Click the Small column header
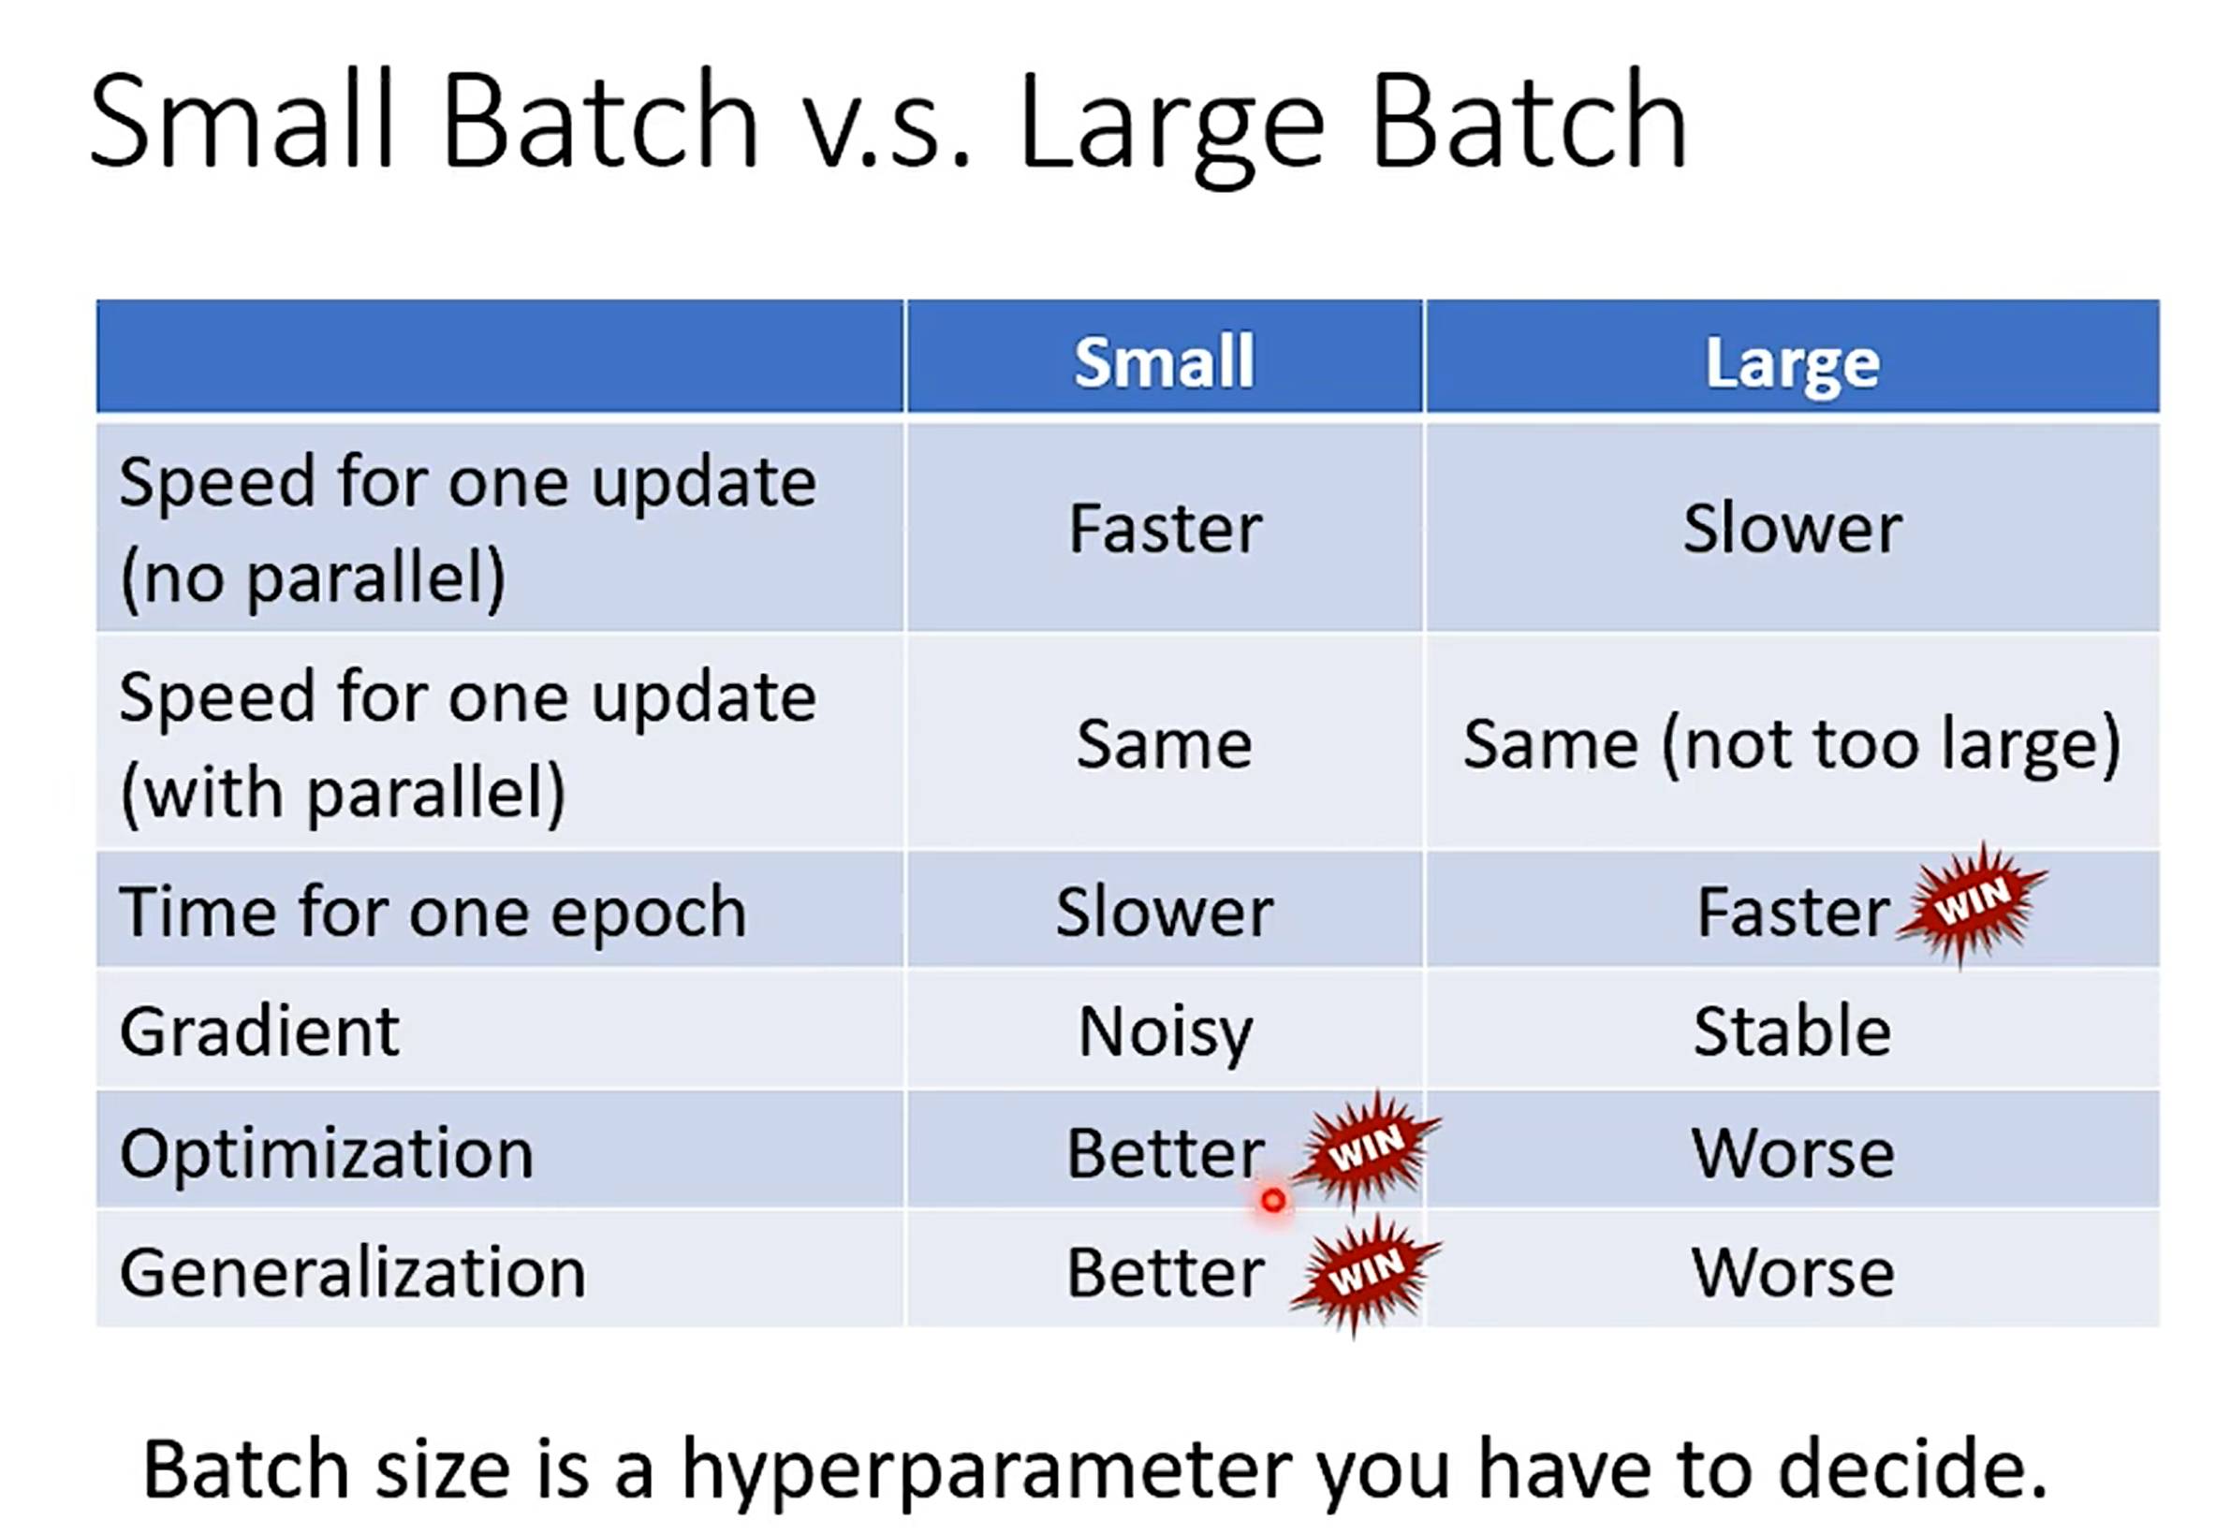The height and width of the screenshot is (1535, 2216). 1164,361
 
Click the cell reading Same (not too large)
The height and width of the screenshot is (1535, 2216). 1792,744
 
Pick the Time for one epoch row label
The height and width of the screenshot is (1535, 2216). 433,911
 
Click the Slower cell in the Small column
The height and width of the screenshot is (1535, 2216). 1164,911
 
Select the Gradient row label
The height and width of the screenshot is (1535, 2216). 258,1031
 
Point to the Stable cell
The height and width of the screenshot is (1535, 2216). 1792,1031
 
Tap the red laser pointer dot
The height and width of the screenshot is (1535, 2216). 1272,1200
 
